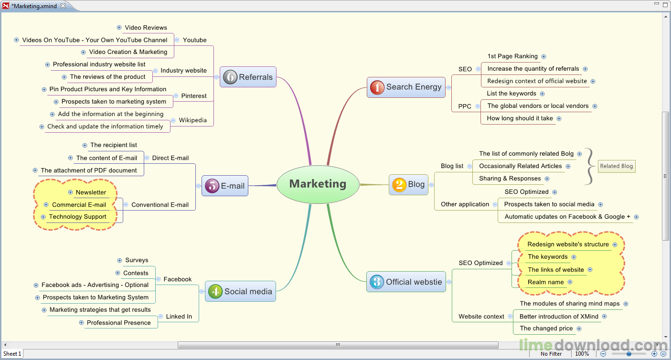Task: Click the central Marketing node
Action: click(x=318, y=184)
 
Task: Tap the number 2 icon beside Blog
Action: click(x=399, y=184)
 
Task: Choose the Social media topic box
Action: click(x=241, y=291)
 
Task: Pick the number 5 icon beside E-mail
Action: click(x=212, y=186)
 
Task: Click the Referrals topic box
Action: click(x=248, y=77)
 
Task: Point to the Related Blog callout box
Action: click(x=617, y=166)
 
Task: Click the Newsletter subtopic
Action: click(x=91, y=192)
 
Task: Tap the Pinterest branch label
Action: click(x=194, y=96)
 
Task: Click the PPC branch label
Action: click(x=465, y=106)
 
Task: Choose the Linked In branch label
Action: click(x=179, y=317)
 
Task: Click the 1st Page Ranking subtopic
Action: click(x=512, y=56)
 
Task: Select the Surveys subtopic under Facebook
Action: click(x=137, y=260)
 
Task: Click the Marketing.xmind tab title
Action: click(x=34, y=6)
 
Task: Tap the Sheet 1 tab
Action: click(x=12, y=354)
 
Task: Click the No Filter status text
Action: click(x=551, y=354)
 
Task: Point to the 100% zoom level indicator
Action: click(x=582, y=354)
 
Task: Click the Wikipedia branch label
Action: click(x=193, y=120)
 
